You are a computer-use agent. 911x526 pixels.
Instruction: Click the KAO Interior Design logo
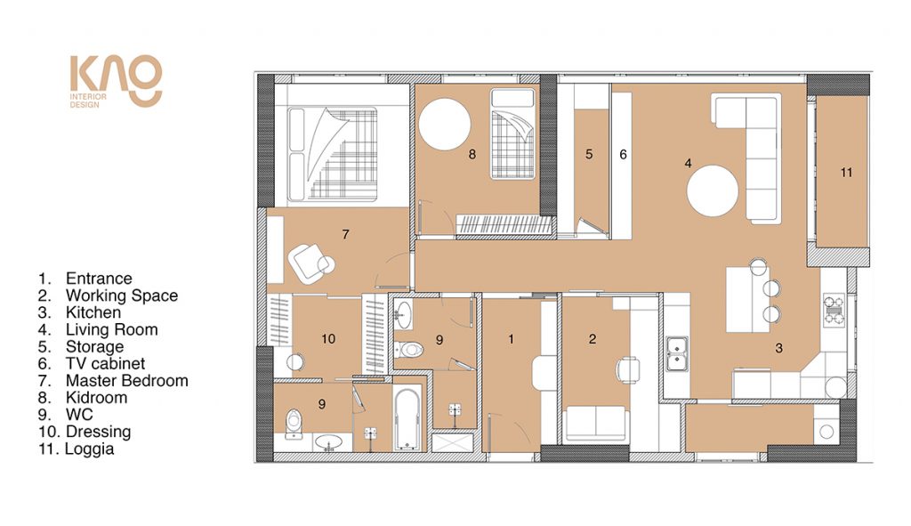point(116,81)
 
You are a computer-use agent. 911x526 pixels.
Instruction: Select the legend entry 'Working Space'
point(121,295)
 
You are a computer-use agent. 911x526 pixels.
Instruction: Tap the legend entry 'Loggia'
point(90,449)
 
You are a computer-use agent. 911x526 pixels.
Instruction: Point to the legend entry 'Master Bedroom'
point(126,381)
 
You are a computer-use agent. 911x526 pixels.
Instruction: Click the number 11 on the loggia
point(846,173)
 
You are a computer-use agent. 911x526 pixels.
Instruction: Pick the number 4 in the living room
point(688,164)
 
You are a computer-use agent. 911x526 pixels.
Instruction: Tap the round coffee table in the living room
point(713,191)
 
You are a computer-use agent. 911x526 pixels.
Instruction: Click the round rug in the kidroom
point(445,124)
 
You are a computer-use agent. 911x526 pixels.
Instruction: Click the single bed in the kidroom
point(512,134)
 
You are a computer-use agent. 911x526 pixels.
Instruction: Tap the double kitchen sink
point(676,353)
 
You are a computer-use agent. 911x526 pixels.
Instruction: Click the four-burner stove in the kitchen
point(834,311)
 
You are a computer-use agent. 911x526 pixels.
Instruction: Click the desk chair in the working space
point(627,369)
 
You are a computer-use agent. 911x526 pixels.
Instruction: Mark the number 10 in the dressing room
point(328,339)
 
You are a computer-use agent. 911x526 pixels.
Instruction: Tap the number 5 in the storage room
point(589,154)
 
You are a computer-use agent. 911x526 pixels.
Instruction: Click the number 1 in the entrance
point(512,339)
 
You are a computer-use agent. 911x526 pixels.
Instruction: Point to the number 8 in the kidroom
point(472,154)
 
